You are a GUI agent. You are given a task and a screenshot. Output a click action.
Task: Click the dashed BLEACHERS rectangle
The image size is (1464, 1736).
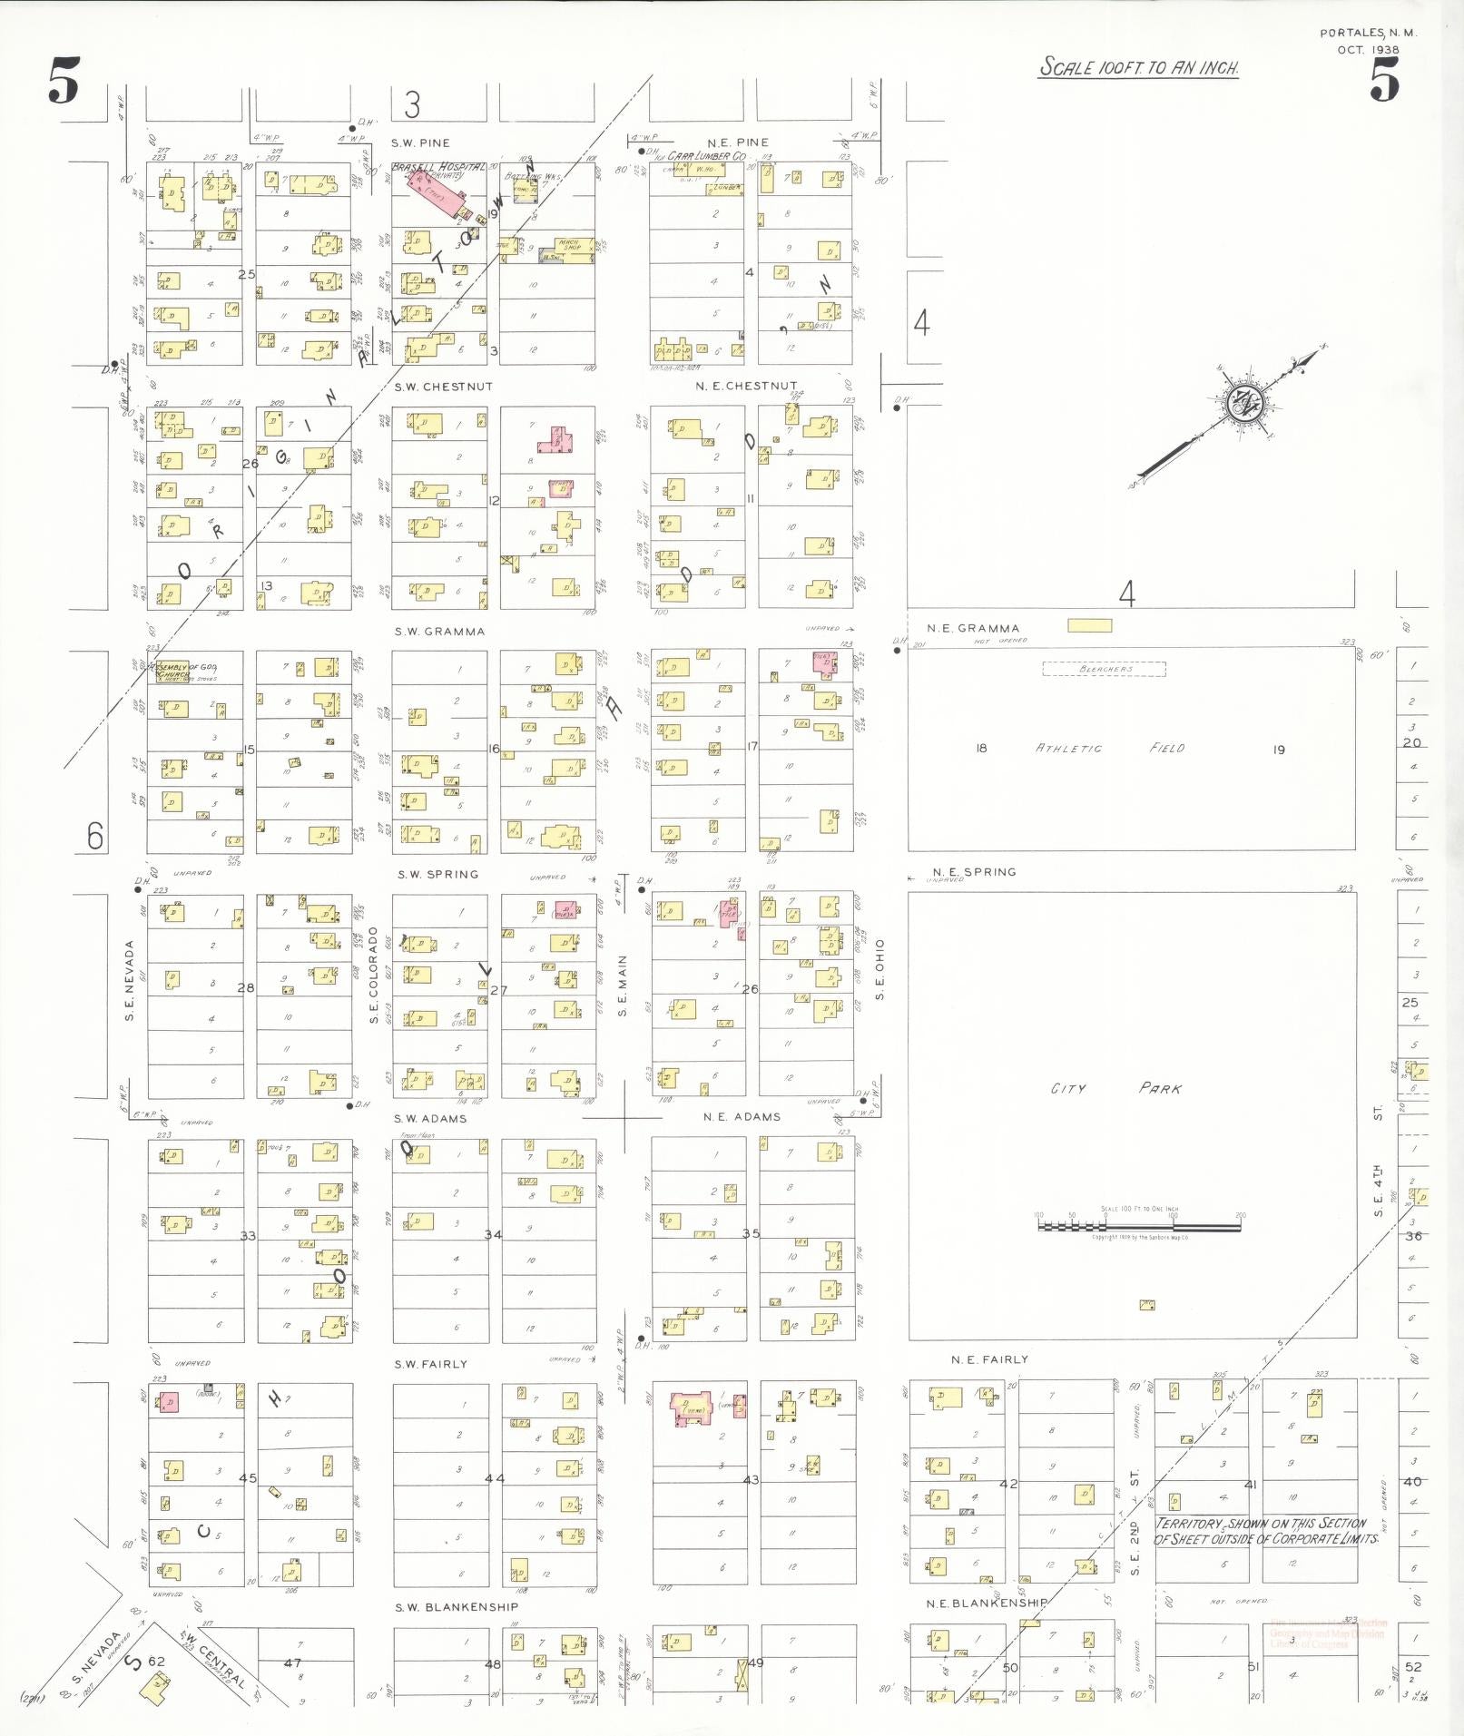[1104, 669]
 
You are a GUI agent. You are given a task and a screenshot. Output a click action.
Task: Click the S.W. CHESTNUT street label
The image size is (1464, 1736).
[443, 387]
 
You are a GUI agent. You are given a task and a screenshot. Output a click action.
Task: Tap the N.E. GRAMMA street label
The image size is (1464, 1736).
[973, 628]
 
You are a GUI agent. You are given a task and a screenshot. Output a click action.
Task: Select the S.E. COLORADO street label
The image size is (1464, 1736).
[374, 976]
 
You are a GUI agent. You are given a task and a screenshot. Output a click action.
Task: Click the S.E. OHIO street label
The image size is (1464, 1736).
[879, 969]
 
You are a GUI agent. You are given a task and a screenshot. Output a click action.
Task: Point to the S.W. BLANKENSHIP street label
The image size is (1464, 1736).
[457, 1607]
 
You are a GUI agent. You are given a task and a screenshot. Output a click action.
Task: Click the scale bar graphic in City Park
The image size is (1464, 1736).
[1139, 1226]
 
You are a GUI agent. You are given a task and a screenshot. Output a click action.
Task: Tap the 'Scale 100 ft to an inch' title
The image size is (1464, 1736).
[1139, 67]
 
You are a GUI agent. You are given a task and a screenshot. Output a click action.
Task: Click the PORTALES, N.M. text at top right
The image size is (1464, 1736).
[1367, 33]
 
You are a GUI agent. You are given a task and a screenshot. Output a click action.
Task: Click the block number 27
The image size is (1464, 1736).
[498, 990]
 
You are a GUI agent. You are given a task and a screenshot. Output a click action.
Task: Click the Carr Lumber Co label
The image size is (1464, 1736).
[706, 156]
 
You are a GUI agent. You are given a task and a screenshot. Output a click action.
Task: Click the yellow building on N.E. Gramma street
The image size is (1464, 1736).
[1089, 625]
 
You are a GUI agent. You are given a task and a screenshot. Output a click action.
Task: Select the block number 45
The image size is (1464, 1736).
[248, 1478]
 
